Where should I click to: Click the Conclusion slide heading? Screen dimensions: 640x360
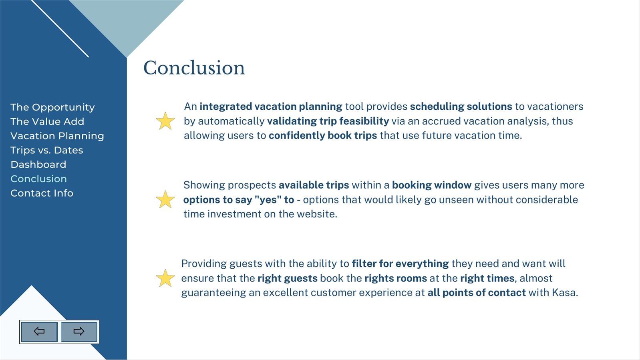[194, 68]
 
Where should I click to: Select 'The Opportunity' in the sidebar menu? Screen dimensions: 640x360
[52, 107]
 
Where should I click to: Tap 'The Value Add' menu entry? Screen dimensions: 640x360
[47, 121]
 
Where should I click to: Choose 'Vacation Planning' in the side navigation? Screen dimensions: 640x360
[57, 136]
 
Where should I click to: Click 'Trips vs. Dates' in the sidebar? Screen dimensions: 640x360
[47, 150]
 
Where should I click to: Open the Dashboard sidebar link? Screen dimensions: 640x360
[38, 165]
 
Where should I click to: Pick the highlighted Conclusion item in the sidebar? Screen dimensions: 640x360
[38, 179]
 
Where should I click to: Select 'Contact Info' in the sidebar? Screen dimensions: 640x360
[42, 193]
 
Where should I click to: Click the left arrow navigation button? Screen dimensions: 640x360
[39, 332]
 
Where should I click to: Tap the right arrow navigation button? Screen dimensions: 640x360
[79, 332]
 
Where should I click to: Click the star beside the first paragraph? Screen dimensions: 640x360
[165, 121]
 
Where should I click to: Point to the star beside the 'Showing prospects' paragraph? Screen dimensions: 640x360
[165, 200]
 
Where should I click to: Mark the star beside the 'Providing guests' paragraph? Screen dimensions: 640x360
[165, 278]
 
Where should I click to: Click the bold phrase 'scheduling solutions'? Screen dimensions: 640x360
[461, 107]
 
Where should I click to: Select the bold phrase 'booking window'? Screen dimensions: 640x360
[431, 185]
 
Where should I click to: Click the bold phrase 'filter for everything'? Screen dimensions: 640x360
[400, 264]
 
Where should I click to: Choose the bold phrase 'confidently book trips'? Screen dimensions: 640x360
[323, 135]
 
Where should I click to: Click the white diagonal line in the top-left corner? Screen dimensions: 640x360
[60, 28]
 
